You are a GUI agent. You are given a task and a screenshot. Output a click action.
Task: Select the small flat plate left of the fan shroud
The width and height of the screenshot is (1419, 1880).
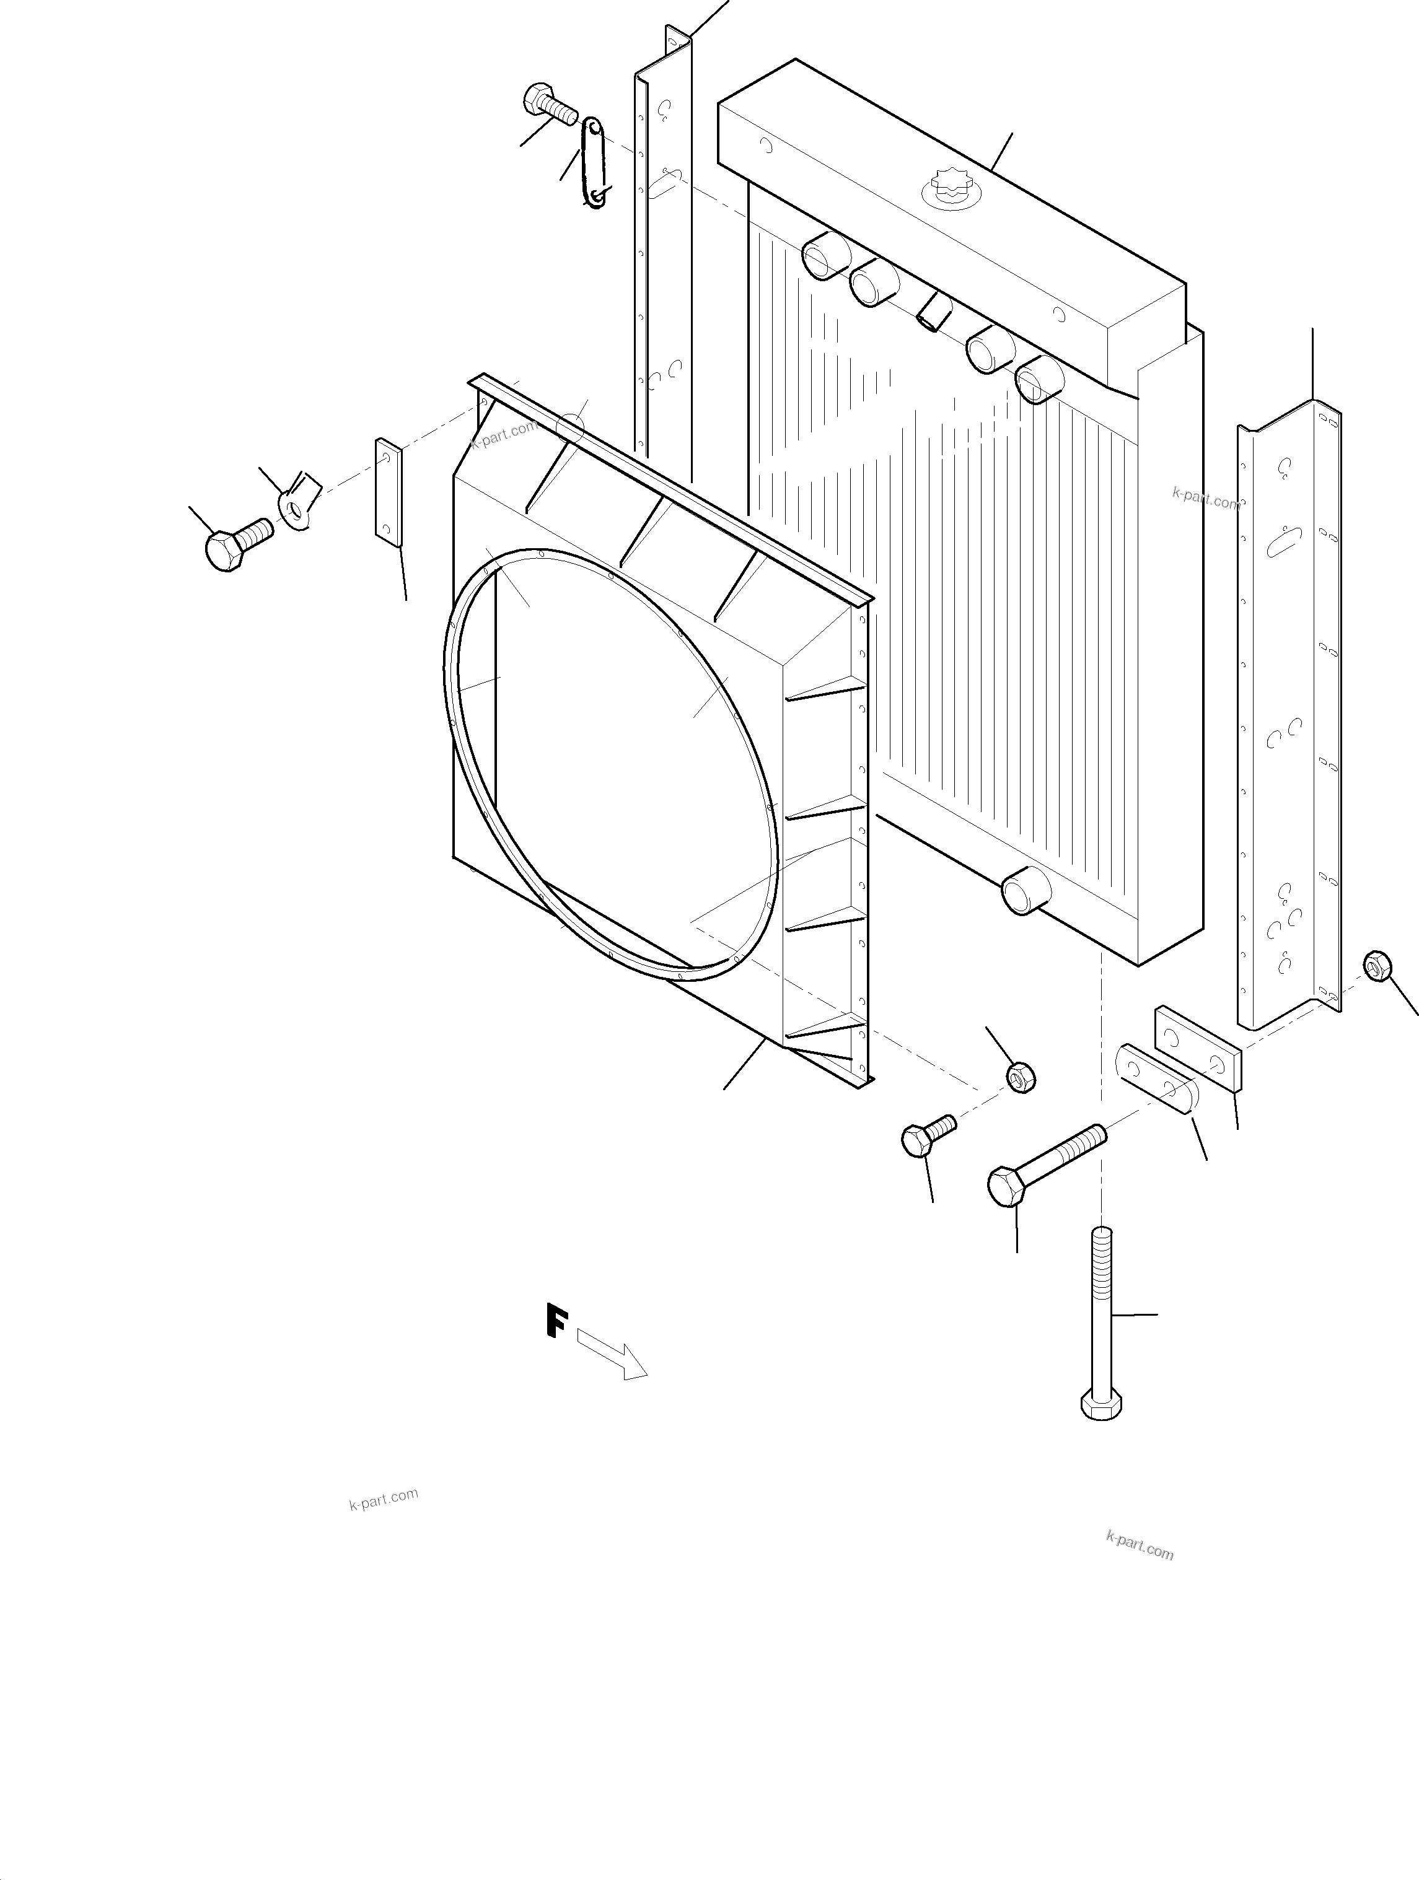pos(389,493)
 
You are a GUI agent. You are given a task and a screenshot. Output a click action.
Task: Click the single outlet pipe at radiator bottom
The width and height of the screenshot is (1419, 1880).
pos(1026,891)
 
